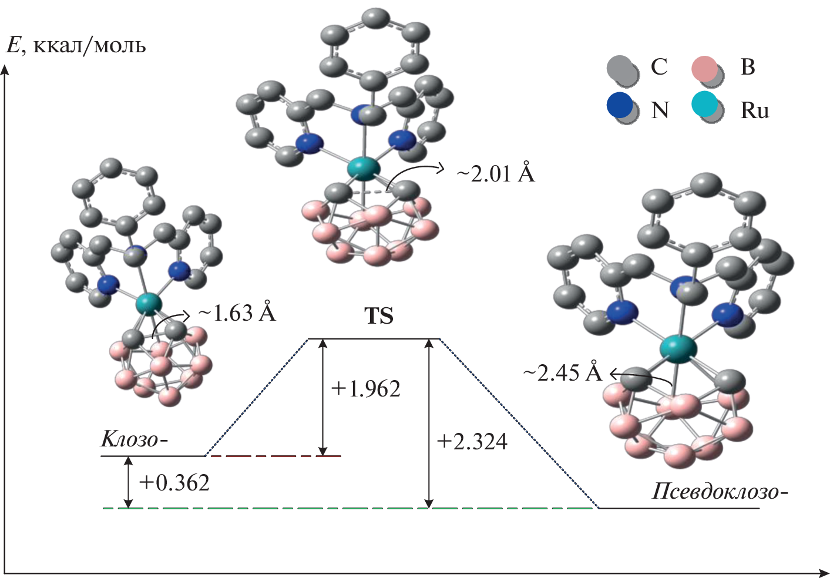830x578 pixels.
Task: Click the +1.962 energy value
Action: (365, 389)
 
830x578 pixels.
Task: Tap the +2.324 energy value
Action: (472, 441)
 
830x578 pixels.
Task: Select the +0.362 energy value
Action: (174, 482)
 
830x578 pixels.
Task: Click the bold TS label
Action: (379, 316)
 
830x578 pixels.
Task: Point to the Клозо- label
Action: (134, 439)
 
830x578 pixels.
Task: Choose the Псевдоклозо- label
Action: (720, 491)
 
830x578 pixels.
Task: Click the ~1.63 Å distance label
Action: (237, 312)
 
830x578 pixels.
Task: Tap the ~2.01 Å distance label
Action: (496, 173)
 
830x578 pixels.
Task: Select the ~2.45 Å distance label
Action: (562, 372)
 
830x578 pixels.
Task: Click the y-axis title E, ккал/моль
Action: (76, 46)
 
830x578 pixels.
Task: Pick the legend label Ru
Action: (754, 110)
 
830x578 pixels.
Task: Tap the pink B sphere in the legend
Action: (704, 69)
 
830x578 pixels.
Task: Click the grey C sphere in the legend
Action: (620, 68)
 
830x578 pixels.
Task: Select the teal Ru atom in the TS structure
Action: (362, 169)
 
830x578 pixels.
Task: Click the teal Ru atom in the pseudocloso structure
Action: (678, 347)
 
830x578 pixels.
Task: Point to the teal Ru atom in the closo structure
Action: (149, 304)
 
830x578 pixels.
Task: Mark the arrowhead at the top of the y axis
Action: (5, 69)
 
